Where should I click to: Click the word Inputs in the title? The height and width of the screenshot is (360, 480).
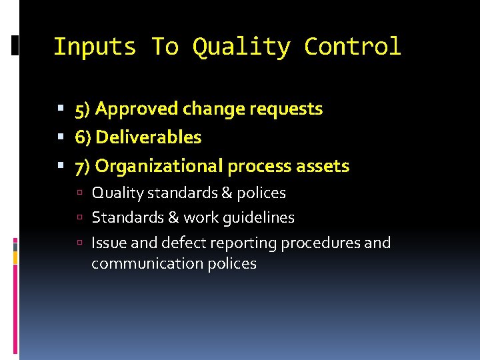[x=95, y=47]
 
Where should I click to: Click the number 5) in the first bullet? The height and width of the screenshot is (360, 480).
[x=83, y=109]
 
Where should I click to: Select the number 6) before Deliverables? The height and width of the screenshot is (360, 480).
[x=83, y=137]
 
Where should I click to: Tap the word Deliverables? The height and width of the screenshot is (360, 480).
[x=149, y=137]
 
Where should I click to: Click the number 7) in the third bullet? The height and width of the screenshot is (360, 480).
[x=83, y=166]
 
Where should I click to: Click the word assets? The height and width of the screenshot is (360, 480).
[x=325, y=166]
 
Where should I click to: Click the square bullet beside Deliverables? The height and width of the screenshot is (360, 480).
[x=61, y=137]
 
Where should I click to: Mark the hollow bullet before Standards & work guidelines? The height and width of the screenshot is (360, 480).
[x=79, y=218]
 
